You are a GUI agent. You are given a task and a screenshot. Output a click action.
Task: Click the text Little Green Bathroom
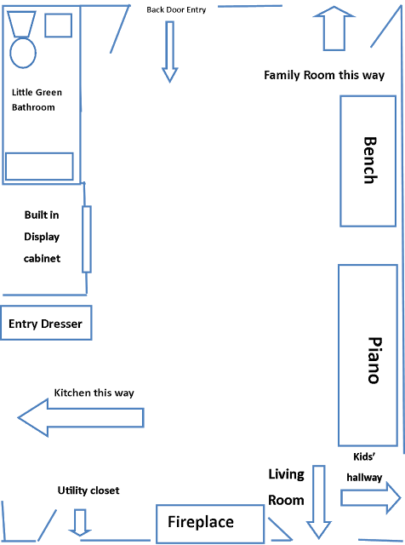click(37, 100)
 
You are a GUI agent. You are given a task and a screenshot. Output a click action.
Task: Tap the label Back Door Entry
click(176, 9)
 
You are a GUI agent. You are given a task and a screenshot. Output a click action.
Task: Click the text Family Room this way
click(324, 75)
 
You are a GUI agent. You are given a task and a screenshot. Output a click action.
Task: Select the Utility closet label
click(88, 490)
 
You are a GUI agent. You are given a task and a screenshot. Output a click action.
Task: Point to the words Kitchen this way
click(94, 393)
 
